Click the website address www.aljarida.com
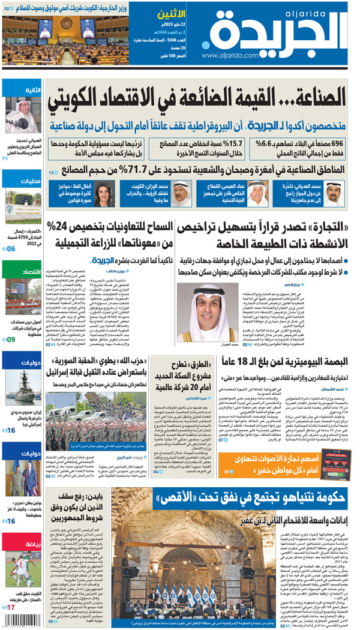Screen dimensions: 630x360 [227, 55]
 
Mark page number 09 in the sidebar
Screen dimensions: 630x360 [11, 340]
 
